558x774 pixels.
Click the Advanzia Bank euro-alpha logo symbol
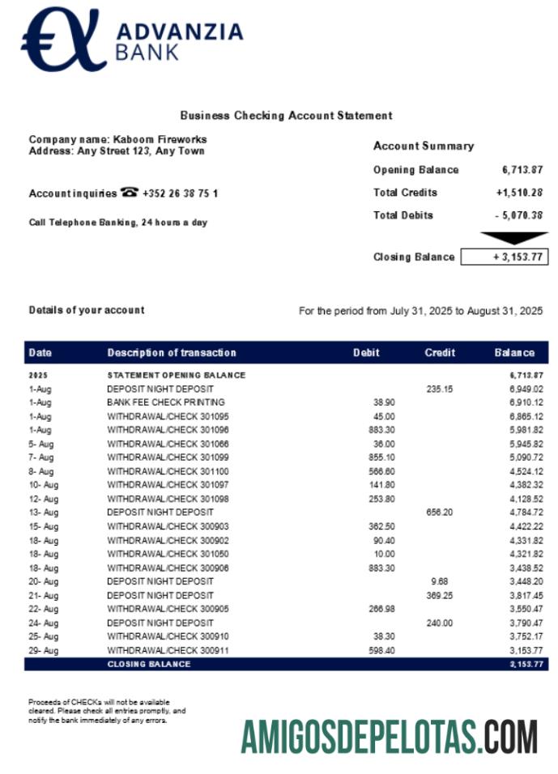click(x=62, y=40)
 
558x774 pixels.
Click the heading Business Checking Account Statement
click(x=286, y=116)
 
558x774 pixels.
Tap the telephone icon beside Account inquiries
click(x=129, y=193)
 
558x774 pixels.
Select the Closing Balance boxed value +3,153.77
click(x=505, y=257)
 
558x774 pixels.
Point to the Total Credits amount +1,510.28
click(x=519, y=193)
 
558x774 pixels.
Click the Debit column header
click(x=366, y=353)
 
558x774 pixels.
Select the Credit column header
click(x=440, y=353)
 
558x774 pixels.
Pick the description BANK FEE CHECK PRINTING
click(x=166, y=402)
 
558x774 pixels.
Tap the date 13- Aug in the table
click(x=44, y=512)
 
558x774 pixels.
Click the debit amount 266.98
click(x=380, y=609)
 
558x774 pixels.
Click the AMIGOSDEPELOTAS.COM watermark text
click(x=389, y=736)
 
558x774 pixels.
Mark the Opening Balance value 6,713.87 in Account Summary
click(x=522, y=170)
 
